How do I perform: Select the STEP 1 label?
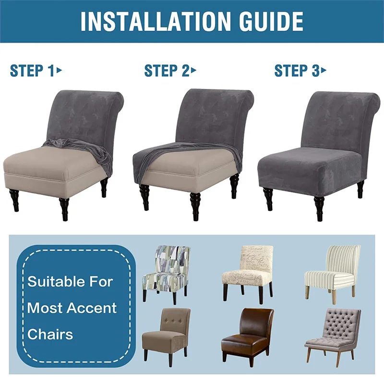point(32,71)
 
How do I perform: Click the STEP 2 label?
point(167,71)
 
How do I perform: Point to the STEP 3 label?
point(297,71)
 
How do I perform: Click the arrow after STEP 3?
point(324,71)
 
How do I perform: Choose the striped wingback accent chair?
point(333,271)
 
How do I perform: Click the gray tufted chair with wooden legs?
point(333,331)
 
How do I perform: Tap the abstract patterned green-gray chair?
point(166,271)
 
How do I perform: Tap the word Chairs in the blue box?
point(50,334)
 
